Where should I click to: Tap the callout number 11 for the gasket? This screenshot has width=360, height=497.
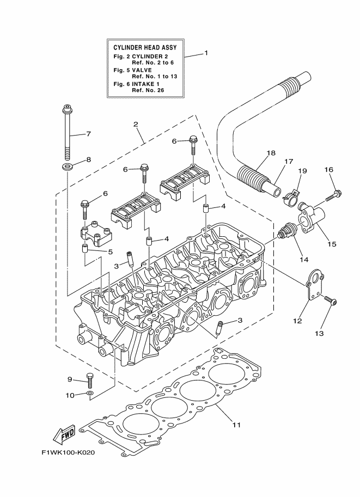click(236, 425)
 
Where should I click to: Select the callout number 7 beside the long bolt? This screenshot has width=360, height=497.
click(88, 134)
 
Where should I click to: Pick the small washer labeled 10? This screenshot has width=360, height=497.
click(90, 392)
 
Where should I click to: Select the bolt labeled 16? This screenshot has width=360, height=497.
click(335, 193)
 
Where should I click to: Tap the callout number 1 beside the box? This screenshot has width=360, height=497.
click(206, 53)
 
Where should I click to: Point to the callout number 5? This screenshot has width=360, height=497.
click(110, 251)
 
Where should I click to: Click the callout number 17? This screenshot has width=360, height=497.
click(289, 161)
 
